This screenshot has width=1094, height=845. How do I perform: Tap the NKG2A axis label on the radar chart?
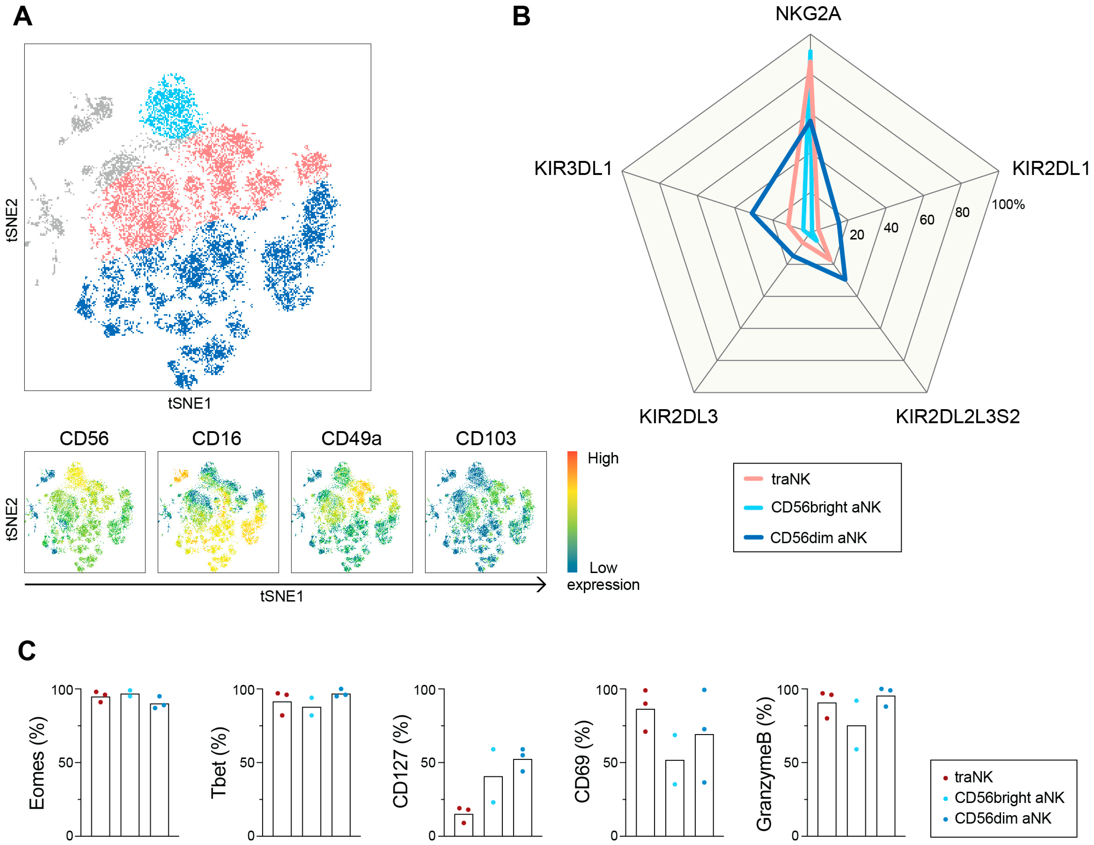click(x=808, y=13)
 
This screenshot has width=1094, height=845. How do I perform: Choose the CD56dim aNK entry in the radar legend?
click(x=818, y=538)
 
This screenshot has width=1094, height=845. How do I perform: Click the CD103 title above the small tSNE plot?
click(x=485, y=438)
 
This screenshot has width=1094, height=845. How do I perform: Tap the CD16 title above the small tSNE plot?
click(x=217, y=438)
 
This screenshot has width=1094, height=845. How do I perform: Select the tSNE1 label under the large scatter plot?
click(x=189, y=403)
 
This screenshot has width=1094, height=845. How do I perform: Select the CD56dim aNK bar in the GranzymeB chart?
click(x=885, y=766)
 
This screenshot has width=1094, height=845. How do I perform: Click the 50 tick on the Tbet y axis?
click(x=248, y=762)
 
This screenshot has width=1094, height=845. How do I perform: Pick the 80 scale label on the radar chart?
click(x=962, y=212)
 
